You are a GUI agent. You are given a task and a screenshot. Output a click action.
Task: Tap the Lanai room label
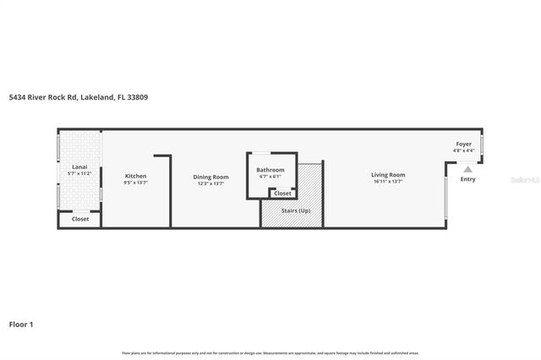(79, 167)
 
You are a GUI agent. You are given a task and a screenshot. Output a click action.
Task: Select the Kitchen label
(135, 176)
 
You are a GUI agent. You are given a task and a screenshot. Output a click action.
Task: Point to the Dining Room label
(211, 176)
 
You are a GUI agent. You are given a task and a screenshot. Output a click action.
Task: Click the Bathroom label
(270, 170)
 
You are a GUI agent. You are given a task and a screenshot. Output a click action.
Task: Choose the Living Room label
(388, 175)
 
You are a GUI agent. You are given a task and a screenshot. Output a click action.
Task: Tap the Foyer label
(464, 145)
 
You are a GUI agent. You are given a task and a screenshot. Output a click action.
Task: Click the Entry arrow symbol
(467, 168)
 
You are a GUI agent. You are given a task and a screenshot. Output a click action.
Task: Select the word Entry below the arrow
(467, 179)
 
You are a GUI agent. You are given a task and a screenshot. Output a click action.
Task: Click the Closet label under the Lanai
(80, 219)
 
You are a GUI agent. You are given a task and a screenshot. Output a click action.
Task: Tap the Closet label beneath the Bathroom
(283, 194)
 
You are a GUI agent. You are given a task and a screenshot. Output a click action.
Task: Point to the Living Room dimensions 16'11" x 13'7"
(388, 182)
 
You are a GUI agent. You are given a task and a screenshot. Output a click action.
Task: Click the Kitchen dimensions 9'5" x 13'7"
(135, 183)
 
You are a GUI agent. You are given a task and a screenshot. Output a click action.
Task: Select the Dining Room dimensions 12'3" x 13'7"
(211, 183)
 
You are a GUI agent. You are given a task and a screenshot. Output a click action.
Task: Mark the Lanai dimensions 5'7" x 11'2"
(79, 174)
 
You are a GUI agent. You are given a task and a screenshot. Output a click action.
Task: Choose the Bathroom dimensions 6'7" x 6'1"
(270, 176)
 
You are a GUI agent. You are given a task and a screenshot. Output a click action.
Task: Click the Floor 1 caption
(22, 324)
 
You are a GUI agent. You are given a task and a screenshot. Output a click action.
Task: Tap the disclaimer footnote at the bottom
(270, 352)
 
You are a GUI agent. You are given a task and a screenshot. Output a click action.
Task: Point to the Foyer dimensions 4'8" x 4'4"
(464, 150)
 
